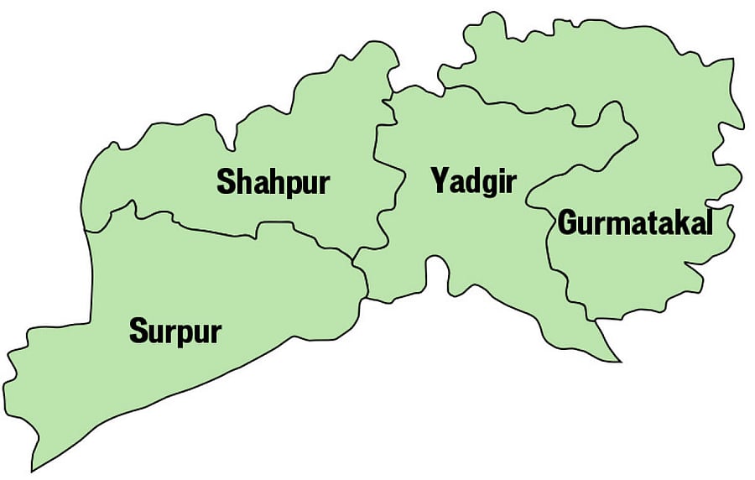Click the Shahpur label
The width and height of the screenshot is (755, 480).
[x=273, y=183]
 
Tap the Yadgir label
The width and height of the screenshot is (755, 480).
[x=473, y=181]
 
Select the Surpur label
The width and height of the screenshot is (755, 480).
[x=174, y=331]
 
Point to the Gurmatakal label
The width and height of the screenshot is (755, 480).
[x=635, y=224]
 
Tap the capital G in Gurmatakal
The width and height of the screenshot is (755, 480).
[x=568, y=224]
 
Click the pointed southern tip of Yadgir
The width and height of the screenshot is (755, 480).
[x=619, y=361]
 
